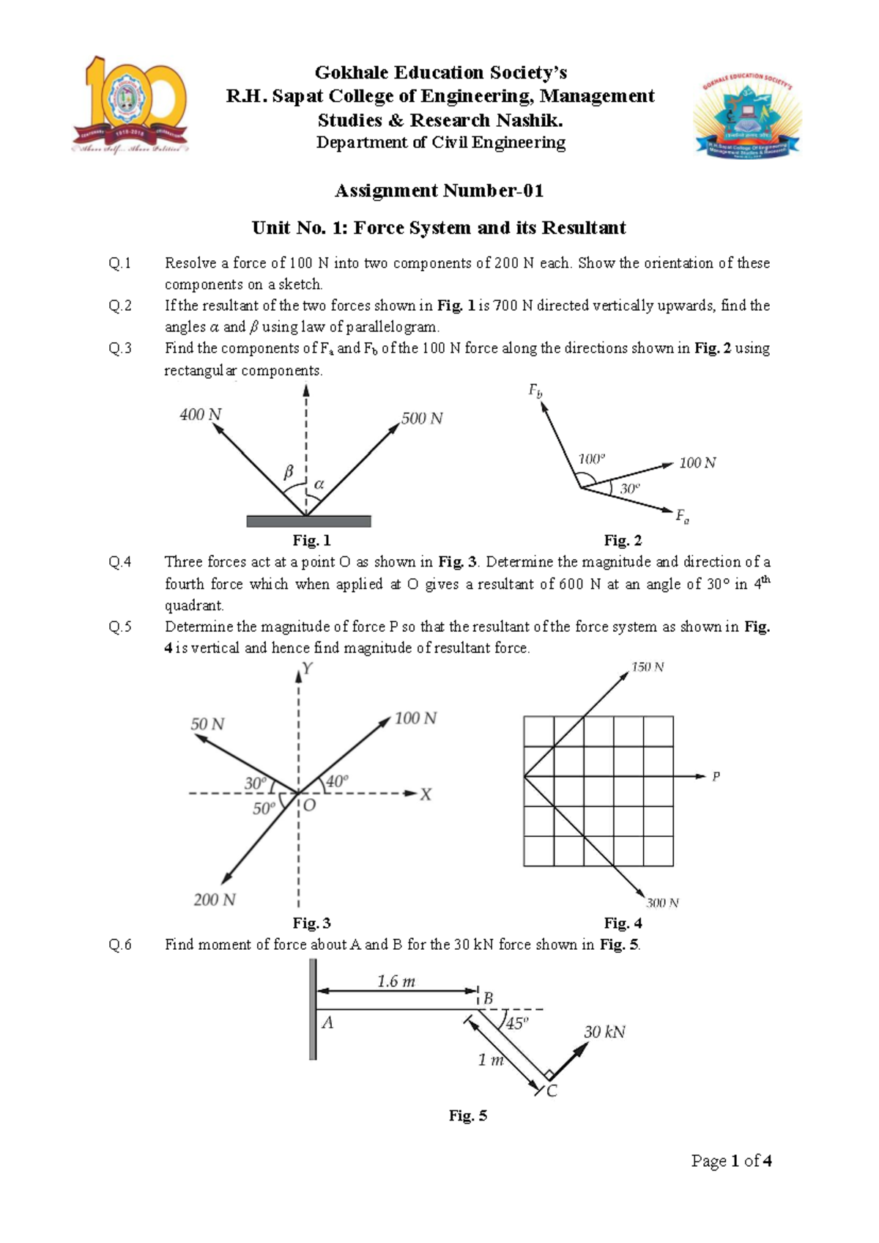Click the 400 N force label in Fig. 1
(x=200, y=415)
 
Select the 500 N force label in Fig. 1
(x=422, y=418)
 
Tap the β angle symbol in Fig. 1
(x=288, y=473)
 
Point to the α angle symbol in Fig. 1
(x=319, y=484)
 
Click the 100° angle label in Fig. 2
(x=592, y=459)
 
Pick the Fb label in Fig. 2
(x=535, y=391)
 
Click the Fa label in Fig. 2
(x=682, y=517)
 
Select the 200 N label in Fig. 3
(x=215, y=899)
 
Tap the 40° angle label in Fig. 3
(x=337, y=781)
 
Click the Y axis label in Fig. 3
(x=308, y=668)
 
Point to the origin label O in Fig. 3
(x=309, y=805)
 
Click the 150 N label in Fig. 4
(x=648, y=667)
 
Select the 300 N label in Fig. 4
(x=662, y=903)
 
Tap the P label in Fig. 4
(x=716, y=776)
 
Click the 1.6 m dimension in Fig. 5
(x=396, y=981)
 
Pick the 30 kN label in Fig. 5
(x=604, y=1032)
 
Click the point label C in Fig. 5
(x=552, y=1091)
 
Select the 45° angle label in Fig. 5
(x=516, y=1023)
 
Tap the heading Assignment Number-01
(x=439, y=191)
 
